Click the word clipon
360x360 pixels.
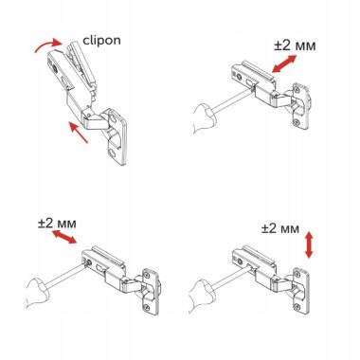[101, 40]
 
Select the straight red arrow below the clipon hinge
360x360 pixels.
[78, 133]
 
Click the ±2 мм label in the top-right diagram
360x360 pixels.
[295, 45]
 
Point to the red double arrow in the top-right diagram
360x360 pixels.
[284, 63]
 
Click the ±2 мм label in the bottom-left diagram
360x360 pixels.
[57, 224]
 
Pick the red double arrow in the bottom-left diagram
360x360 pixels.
[64, 237]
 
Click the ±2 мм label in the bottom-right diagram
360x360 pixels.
[280, 228]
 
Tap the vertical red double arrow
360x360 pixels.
[309, 244]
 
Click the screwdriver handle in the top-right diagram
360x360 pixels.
[205, 118]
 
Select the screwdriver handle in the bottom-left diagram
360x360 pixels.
[37, 293]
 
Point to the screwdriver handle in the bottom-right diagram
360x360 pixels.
[201, 296]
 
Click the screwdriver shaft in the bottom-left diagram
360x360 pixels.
[66, 277]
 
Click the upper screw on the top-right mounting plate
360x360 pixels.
[297, 90]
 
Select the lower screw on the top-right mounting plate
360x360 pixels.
[296, 120]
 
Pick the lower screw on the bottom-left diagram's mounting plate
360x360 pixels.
[146, 306]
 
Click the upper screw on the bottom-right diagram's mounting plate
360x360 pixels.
[297, 275]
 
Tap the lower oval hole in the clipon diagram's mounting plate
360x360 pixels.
[113, 153]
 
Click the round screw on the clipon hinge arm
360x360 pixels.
[56, 68]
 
